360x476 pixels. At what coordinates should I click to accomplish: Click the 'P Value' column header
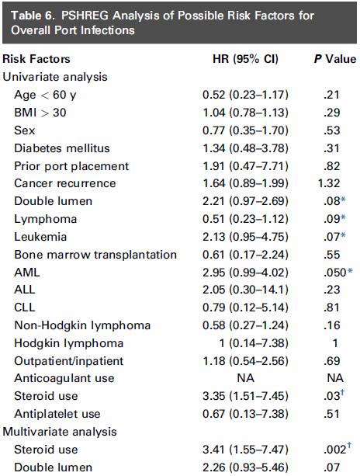(x=335, y=59)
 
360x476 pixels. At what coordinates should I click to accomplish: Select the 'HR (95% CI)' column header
(x=245, y=59)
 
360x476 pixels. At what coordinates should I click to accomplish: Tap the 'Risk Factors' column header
(x=36, y=59)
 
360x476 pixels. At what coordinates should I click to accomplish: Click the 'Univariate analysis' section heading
(x=55, y=77)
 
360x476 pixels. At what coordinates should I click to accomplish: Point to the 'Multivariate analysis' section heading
(x=60, y=432)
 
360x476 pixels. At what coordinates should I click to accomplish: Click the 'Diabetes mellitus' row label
(x=62, y=148)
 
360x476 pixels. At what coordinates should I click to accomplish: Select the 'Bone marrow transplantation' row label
(x=95, y=255)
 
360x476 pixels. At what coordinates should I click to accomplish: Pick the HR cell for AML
(x=245, y=273)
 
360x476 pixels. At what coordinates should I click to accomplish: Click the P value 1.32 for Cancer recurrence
(x=329, y=183)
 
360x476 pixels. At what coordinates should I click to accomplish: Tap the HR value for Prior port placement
(x=245, y=166)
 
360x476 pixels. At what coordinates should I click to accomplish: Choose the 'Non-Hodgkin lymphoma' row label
(x=82, y=325)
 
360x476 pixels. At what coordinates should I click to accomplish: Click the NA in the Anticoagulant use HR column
(x=246, y=378)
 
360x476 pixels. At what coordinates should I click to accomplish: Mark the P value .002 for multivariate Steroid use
(x=334, y=450)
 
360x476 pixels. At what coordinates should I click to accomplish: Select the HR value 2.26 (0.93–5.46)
(x=245, y=467)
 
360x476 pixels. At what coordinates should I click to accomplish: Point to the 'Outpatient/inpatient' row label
(x=69, y=361)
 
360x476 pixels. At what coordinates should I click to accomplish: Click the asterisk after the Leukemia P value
(x=343, y=235)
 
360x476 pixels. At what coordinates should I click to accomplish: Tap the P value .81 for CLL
(x=331, y=307)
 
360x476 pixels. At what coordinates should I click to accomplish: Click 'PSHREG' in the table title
(x=85, y=16)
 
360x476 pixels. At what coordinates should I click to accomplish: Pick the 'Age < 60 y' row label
(x=45, y=95)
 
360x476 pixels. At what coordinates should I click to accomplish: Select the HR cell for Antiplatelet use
(x=245, y=414)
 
